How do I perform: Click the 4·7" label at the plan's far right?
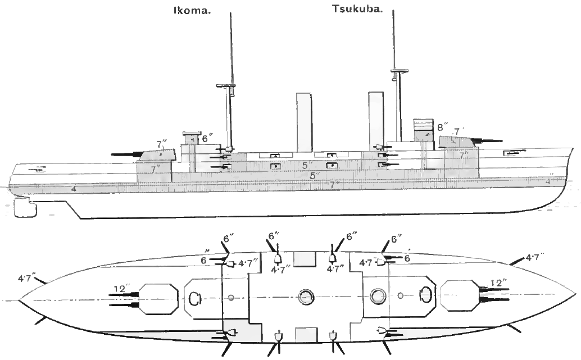coord(535,258)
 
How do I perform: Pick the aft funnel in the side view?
coord(304,121)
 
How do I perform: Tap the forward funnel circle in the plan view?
coord(378,295)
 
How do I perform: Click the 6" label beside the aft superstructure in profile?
coord(207,137)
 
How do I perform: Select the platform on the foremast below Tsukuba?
coord(398,71)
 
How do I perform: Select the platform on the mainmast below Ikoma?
coord(227,86)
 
